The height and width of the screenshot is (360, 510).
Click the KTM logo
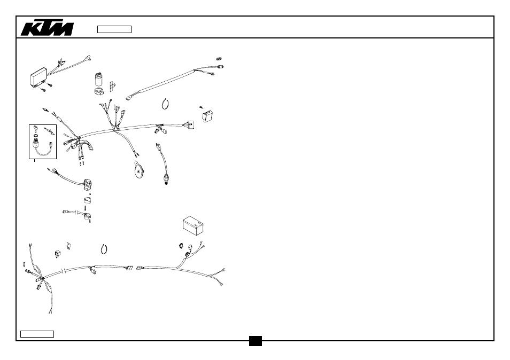[47, 29]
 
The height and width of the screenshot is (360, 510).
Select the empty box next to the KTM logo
[114, 29]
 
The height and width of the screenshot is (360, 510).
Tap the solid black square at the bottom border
[256, 341]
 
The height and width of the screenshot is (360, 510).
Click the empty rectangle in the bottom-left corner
[37, 334]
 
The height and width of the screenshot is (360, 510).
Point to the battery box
[193, 225]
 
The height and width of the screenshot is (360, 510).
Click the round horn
[139, 170]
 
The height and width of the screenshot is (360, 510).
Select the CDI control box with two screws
[39, 77]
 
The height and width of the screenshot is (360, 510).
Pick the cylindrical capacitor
[98, 79]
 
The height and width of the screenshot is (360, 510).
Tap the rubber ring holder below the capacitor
[99, 91]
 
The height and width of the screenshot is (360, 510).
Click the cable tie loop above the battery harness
[104, 249]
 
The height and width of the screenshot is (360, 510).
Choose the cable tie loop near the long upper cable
[165, 104]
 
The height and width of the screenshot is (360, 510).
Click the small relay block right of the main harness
[207, 116]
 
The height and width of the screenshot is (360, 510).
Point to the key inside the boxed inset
[35, 131]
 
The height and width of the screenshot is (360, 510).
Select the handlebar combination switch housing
[87, 185]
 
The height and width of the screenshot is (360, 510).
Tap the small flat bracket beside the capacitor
[112, 86]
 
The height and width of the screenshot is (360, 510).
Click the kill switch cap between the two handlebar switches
[87, 200]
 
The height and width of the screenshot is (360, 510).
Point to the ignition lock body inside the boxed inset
[35, 142]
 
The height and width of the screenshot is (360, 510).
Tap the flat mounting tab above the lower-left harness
[68, 245]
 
